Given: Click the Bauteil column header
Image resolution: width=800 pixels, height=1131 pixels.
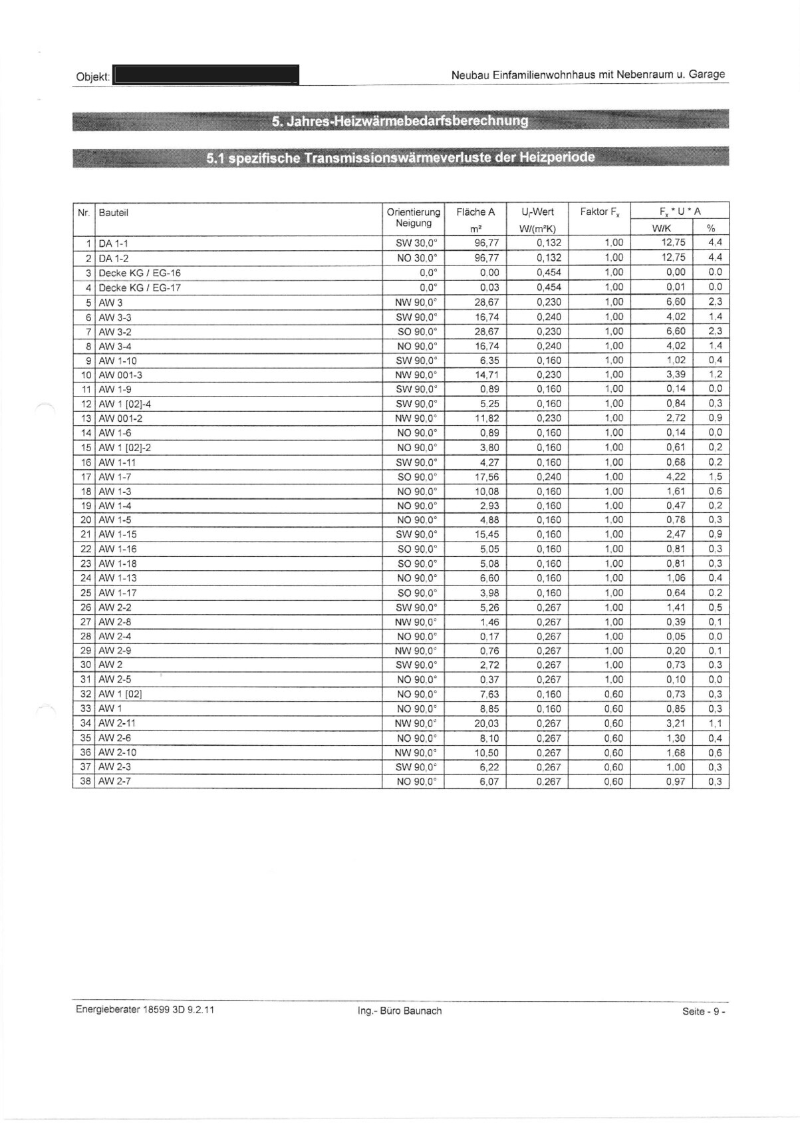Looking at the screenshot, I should [x=114, y=213].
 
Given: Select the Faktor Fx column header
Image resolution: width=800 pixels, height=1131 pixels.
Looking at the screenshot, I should [x=599, y=212].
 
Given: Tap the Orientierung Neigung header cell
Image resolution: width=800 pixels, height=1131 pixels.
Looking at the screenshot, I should [x=413, y=218].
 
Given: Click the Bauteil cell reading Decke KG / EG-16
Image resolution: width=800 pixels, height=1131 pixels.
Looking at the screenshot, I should [x=140, y=273].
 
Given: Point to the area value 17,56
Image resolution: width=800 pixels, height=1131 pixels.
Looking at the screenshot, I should [x=486, y=476].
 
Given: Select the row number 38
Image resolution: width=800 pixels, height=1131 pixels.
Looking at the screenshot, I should [x=84, y=781].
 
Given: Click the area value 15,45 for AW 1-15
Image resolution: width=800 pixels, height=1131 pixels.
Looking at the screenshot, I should [x=486, y=534].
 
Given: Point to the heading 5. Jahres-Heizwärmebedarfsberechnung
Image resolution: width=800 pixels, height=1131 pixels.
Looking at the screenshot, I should [x=400, y=121].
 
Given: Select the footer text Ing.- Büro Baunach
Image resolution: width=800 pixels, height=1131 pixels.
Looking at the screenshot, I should [x=400, y=1011].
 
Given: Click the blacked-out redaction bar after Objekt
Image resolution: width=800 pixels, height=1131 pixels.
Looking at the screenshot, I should [x=206, y=75].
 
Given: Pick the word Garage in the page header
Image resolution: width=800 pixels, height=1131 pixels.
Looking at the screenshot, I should [x=706, y=75].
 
